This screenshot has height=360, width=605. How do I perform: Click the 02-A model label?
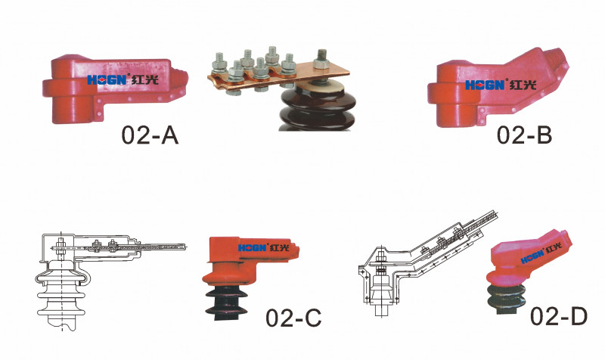pyautogui.click(x=150, y=135)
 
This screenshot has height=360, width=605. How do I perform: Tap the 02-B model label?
pyautogui.click(x=524, y=135)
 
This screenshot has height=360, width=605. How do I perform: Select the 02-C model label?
pyautogui.click(x=293, y=318)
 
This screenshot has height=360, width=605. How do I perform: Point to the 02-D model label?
pyautogui.click(x=558, y=316)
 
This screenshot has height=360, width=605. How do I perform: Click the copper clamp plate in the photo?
pyautogui.click(x=278, y=75)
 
